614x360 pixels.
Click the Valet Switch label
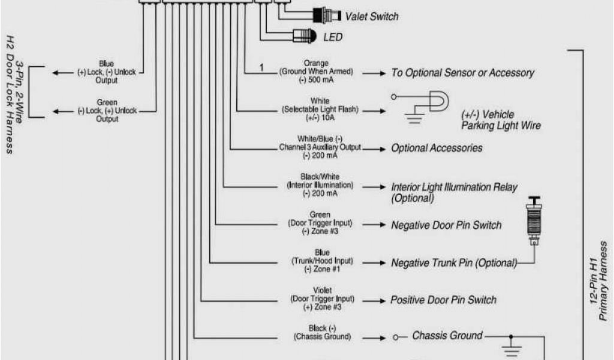[x=371, y=17]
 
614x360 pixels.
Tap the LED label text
[x=333, y=37]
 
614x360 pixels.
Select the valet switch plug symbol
[x=324, y=14]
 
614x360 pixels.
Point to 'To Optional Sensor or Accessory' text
[x=462, y=73]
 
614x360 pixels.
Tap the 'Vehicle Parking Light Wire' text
[x=501, y=120]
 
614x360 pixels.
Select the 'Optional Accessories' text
[x=437, y=148]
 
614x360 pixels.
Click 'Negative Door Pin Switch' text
[x=446, y=226]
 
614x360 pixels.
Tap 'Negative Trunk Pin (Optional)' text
[x=454, y=263]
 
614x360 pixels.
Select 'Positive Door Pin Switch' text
[x=443, y=299]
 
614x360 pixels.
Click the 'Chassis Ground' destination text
[x=447, y=336]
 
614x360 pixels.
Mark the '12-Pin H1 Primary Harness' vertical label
[x=599, y=282]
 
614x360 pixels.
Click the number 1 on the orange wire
[x=261, y=67]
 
